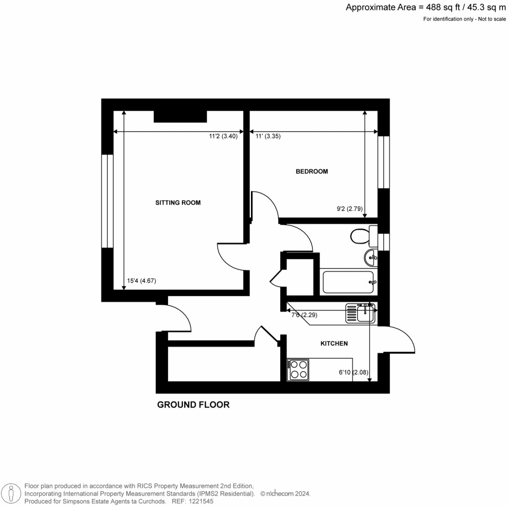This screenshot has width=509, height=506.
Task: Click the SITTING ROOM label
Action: click(x=178, y=202)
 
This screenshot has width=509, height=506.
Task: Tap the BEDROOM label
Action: click(x=312, y=171)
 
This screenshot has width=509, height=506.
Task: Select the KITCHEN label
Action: click(x=334, y=343)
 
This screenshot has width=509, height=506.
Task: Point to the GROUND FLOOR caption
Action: click(x=193, y=405)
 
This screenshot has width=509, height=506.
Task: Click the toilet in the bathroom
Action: click(x=360, y=236)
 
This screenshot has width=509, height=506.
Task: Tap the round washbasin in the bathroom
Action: click(x=370, y=257)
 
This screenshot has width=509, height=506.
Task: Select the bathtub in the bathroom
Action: click(x=349, y=282)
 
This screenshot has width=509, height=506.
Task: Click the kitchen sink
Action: click(x=361, y=314)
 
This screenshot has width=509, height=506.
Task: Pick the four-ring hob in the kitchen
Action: click(x=298, y=369)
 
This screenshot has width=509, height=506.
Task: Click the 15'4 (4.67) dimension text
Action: click(x=142, y=281)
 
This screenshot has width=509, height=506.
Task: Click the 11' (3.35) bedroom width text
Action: click(x=268, y=137)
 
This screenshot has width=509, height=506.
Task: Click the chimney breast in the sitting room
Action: click(x=180, y=116)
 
